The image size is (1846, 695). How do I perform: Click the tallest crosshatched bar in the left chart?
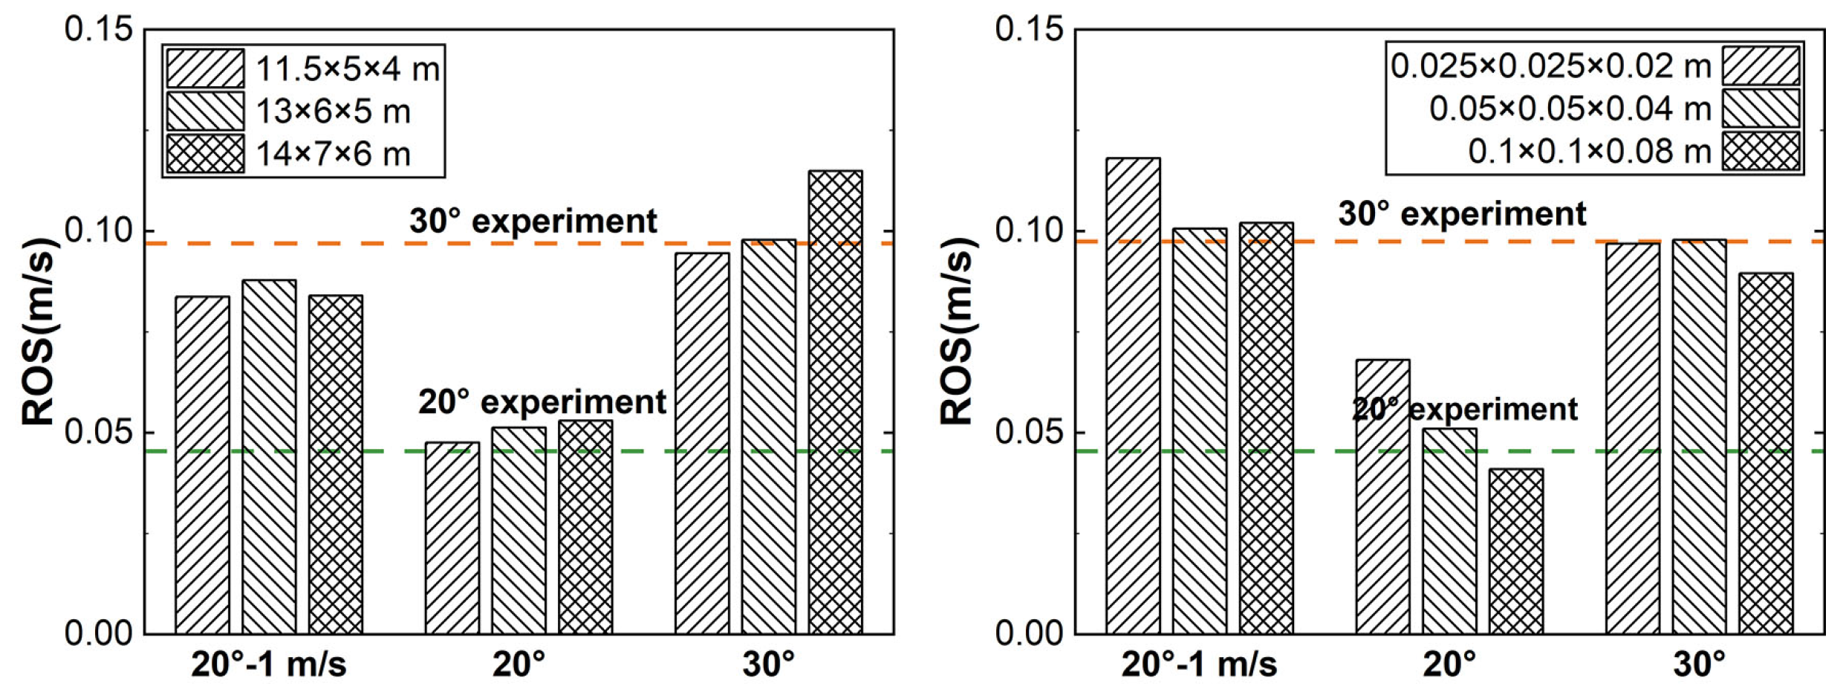coord(835,401)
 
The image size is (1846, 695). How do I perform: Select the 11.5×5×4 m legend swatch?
coord(204,69)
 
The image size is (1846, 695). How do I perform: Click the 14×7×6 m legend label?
coord(334,155)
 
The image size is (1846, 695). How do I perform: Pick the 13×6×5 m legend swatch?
coord(204,111)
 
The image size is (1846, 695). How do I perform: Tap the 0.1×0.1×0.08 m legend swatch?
coord(1761,152)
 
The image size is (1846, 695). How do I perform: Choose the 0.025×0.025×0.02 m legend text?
coord(1550,67)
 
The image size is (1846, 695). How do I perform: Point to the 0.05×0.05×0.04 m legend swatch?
coord(1761,109)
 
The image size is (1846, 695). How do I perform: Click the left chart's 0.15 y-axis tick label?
coord(98,30)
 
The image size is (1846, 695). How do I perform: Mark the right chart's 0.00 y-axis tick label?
coord(1029,633)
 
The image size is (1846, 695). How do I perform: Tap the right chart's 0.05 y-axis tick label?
coord(1029,432)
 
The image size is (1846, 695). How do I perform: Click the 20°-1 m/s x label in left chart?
coord(269,664)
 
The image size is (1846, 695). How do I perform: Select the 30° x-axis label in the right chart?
coord(1699,664)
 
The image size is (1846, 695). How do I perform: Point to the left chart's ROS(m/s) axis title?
coord(39,331)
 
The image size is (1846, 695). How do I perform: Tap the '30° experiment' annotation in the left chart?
coord(533,221)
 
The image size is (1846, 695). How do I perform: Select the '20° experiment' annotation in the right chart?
coord(1465,409)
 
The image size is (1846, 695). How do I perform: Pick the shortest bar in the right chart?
coord(1516,551)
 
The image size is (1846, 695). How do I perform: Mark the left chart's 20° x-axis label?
coord(519,664)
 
